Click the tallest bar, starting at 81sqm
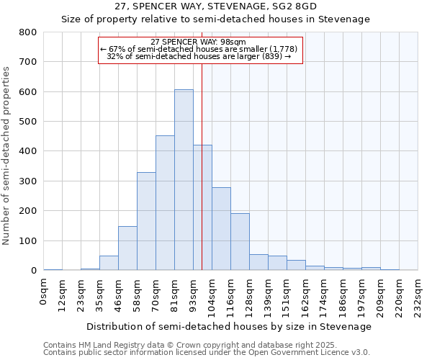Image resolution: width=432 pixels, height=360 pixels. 184,180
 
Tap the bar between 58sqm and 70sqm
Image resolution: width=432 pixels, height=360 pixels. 146,221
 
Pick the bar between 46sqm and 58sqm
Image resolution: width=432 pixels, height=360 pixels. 127,248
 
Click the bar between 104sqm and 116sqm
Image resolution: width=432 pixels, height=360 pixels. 221,229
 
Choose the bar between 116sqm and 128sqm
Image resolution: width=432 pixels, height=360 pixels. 240,242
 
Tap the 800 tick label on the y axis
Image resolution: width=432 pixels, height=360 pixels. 27,32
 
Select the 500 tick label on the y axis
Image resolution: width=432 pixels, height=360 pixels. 27,122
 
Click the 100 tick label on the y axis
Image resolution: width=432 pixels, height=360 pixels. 27,240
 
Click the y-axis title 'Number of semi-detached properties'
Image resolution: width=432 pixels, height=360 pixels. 7,156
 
